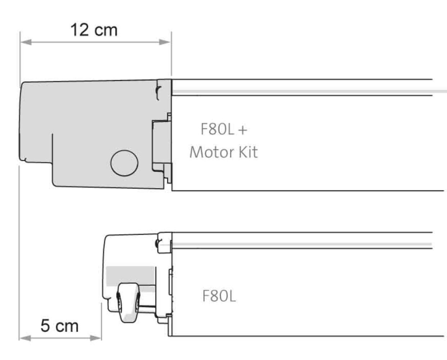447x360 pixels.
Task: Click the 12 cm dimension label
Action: tap(94, 30)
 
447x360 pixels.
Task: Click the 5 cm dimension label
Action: tap(59, 326)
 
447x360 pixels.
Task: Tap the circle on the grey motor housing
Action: tap(124, 163)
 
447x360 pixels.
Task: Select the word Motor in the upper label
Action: tap(207, 152)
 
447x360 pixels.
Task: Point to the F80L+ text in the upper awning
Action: tap(223, 129)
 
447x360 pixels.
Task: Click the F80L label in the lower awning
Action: tap(219, 296)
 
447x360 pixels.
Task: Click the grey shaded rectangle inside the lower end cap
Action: tap(130, 275)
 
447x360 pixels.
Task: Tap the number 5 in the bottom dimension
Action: tap(45, 326)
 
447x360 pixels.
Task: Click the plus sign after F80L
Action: tap(243, 130)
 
